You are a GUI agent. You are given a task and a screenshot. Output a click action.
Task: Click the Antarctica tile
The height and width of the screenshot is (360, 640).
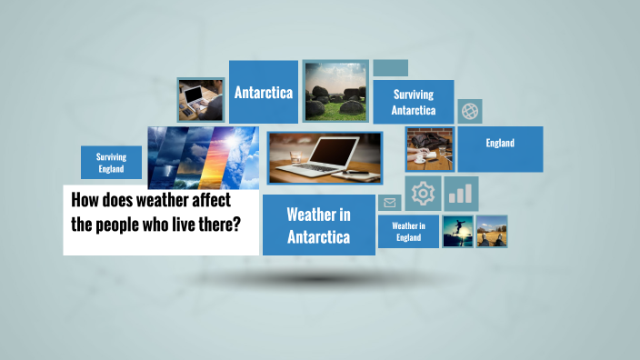pos(264,92)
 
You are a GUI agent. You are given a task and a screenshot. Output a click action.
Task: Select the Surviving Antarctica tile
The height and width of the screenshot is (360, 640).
pos(413,103)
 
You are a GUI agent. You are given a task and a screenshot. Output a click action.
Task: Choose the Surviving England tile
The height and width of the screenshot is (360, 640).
pos(111,162)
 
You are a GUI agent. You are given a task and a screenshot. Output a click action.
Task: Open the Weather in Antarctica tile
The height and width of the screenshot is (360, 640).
pos(318,225)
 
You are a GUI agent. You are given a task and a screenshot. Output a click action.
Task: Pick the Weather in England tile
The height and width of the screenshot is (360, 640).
pos(408,231)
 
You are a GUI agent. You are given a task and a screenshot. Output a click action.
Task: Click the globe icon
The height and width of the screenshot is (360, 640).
pos(470,111)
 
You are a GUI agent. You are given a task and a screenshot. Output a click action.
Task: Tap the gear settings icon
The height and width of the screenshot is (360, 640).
pos(423,193)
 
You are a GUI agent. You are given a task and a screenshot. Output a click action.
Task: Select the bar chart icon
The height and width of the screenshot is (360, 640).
pos(462,193)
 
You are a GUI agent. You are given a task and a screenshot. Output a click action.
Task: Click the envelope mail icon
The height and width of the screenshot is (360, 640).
pos(390,203)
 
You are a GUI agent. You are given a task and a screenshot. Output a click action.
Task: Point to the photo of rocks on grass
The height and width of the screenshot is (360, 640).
pos(335,92)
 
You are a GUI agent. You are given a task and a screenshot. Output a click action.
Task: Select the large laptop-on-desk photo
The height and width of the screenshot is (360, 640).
pos(324,157)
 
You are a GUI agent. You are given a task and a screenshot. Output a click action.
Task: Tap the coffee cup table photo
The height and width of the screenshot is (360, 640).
pos(429,149)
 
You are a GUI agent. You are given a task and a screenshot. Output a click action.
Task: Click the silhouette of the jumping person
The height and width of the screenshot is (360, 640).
pos(457,231)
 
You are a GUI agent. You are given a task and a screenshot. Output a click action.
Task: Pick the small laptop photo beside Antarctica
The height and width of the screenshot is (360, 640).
pos(200,99)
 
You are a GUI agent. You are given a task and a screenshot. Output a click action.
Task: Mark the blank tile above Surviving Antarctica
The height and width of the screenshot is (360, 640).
pos(390,68)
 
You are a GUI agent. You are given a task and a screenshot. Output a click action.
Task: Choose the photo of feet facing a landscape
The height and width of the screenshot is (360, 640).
pos(492,231)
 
